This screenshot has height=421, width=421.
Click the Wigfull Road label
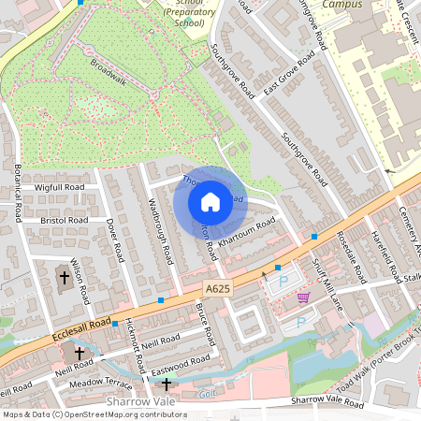click(60, 187)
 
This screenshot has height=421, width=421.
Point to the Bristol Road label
click(63, 220)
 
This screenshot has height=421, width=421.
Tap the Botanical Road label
click(16, 192)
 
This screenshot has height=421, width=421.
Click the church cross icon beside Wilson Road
click(65, 277)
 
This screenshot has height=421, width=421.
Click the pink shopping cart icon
click(303, 298)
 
